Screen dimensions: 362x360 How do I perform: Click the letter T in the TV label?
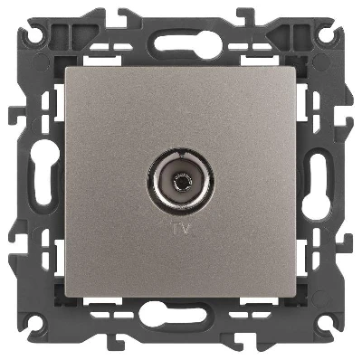175,229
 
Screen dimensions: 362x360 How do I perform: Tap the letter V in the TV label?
186,229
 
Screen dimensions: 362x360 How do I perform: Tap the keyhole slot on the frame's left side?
43,173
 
